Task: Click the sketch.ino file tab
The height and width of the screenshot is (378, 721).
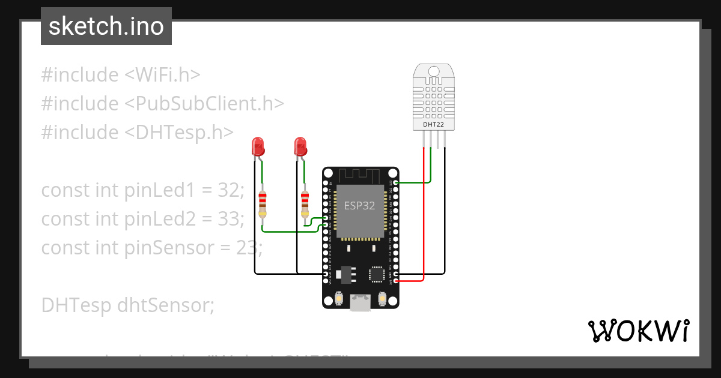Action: (106, 26)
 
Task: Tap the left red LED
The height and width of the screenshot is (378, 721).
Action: (258, 146)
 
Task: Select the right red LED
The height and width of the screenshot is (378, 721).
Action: (300, 146)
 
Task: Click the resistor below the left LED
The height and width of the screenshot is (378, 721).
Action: (262, 204)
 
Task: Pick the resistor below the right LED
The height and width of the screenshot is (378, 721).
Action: (305, 204)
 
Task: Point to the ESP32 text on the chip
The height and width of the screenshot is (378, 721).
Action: (359, 205)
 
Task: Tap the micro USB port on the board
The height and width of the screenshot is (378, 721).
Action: (360, 303)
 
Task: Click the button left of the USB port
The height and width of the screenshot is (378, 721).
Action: (339, 298)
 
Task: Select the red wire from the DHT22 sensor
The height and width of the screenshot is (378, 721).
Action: (424, 216)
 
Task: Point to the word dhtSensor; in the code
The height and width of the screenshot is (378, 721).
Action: (166, 305)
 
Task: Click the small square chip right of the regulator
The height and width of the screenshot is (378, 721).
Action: (377, 274)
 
